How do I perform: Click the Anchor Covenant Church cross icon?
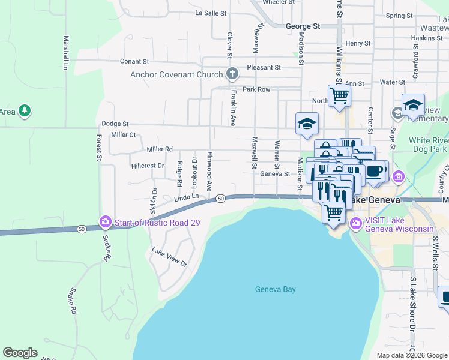(x=232, y=74)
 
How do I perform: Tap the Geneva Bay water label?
(x=276, y=289)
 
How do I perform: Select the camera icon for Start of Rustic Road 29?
(x=106, y=222)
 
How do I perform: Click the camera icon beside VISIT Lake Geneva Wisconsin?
(x=355, y=224)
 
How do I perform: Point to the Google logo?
(x=20, y=353)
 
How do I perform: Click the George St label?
(x=303, y=26)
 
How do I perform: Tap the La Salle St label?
(x=211, y=13)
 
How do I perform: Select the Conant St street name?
(x=134, y=61)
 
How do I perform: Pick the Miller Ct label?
(x=124, y=135)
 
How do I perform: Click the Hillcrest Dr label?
(x=148, y=165)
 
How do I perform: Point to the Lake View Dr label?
(x=169, y=257)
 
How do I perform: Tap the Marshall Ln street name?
(x=65, y=52)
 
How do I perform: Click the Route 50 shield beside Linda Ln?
(x=221, y=199)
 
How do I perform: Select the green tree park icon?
(x=25, y=110)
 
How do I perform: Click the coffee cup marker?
(x=375, y=171)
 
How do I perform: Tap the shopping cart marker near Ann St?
(x=340, y=95)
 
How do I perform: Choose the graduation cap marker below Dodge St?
(x=307, y=124)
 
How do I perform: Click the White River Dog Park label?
(x=428, y=144)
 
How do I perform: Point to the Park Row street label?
(x=256, y=89)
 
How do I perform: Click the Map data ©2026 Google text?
(x=412, y=355)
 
